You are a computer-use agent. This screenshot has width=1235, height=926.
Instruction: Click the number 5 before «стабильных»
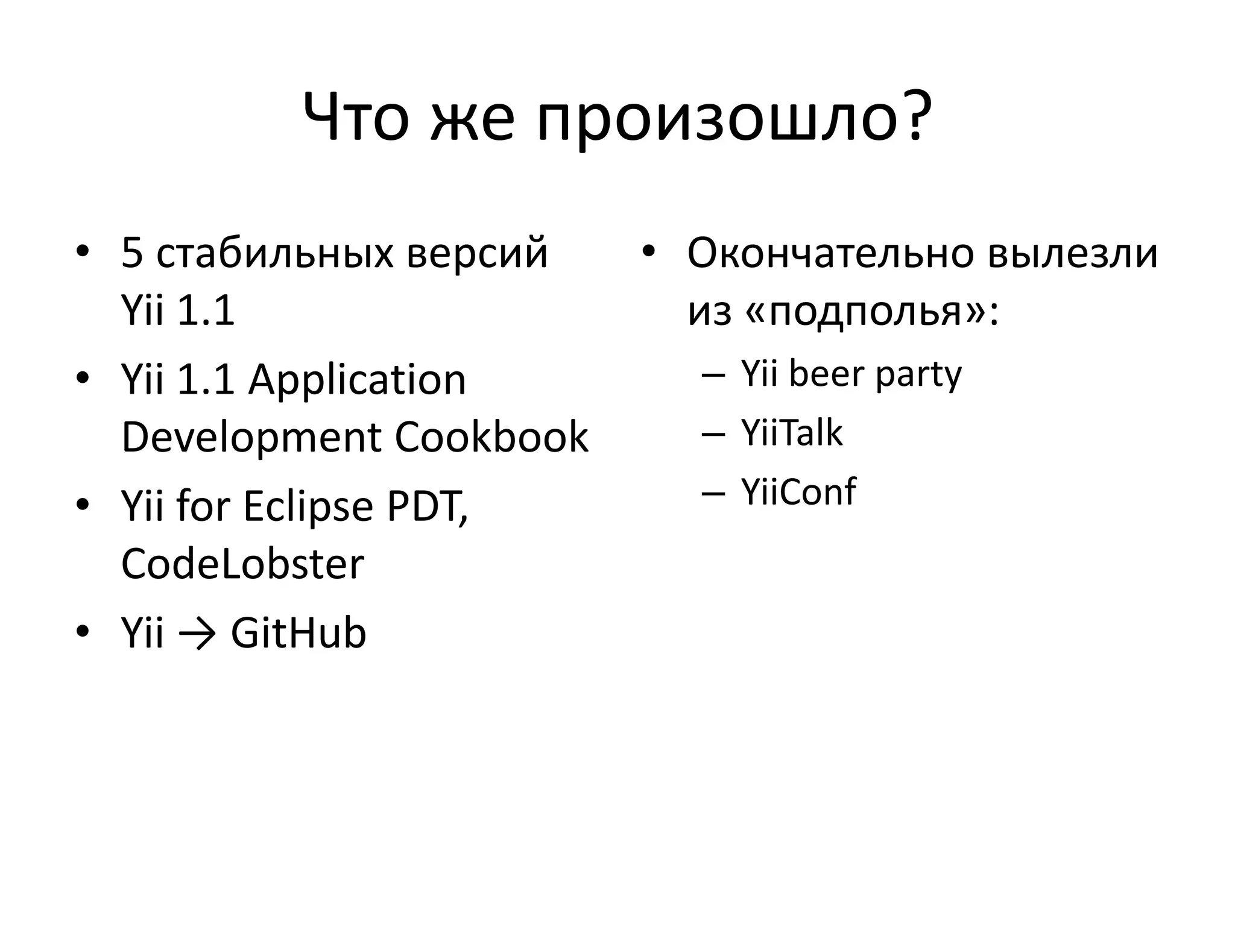[x=131, y=253]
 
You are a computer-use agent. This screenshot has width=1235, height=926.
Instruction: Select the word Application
[x=357, y=380]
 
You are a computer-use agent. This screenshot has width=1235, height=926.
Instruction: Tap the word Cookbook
[x=491, y=437]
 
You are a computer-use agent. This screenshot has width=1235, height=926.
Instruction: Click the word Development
[x=251, y=438]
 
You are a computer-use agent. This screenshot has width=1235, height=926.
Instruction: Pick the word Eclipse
[x=308, y=507]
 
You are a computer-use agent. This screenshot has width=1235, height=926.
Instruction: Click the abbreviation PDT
[x=425, y=506]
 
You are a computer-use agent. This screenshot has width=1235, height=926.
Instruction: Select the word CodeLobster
[x=242, y=564]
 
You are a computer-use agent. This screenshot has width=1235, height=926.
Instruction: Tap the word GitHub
[x=298, y=633]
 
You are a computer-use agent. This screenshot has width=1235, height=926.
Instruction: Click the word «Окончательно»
[x=829, y=253]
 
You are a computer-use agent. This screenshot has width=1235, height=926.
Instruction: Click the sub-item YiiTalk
[x=791, y=433]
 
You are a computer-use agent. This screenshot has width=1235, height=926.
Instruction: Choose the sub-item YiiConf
[x=798, y=492]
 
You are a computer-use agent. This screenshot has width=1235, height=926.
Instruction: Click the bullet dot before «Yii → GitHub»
[x=83, y=632]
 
